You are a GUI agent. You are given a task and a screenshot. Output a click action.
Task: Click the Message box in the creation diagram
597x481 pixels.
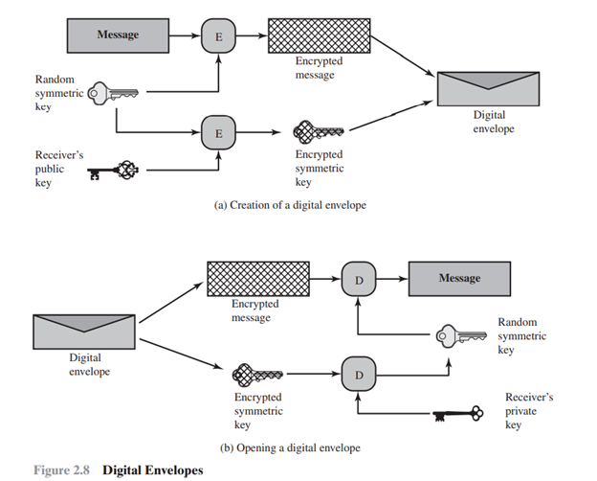pyautogui.click(x=118, y=35)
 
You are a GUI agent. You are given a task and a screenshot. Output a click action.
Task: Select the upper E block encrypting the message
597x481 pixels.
pyautogui.click(x=217, y=36)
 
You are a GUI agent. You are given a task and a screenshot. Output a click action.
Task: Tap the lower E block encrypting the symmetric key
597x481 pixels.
pyautogui.click(x=217, y=132)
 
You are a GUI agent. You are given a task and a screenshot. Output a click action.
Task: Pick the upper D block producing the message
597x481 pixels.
pyautogui.click(x=358, y=279)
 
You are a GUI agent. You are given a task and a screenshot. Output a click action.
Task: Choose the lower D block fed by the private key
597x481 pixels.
pyautogui.click(x=358, y=374)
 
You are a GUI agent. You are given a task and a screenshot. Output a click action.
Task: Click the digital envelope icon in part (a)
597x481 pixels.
pyautogui.click(x=488, y=89)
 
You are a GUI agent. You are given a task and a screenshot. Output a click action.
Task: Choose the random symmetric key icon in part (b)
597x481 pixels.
pyautogui.click(x=458, y=334)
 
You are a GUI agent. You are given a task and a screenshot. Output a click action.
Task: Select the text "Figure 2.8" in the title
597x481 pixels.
pyautogui.click(x=64, y=470)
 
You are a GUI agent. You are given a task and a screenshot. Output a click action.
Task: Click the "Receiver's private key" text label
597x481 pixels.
pyautogui.click(x=529, y=410)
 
